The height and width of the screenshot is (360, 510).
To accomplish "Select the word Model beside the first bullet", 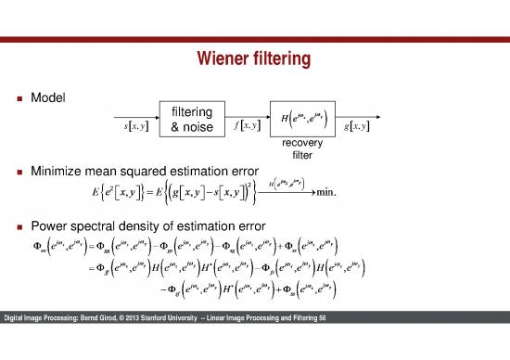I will pos(49,96).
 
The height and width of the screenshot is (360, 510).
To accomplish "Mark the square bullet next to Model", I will pos(19,97).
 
